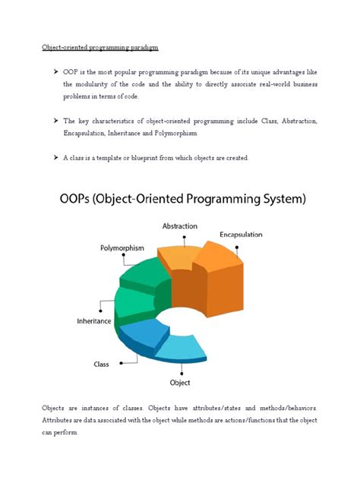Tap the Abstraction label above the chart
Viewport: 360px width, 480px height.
[180, 226]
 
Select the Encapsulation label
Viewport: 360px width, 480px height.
[242, 235]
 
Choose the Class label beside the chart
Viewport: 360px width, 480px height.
[102, 364]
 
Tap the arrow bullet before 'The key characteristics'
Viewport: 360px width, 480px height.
[55, 121]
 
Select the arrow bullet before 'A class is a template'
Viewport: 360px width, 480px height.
[55, 157]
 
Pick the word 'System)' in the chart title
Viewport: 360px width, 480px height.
[279, 200]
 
